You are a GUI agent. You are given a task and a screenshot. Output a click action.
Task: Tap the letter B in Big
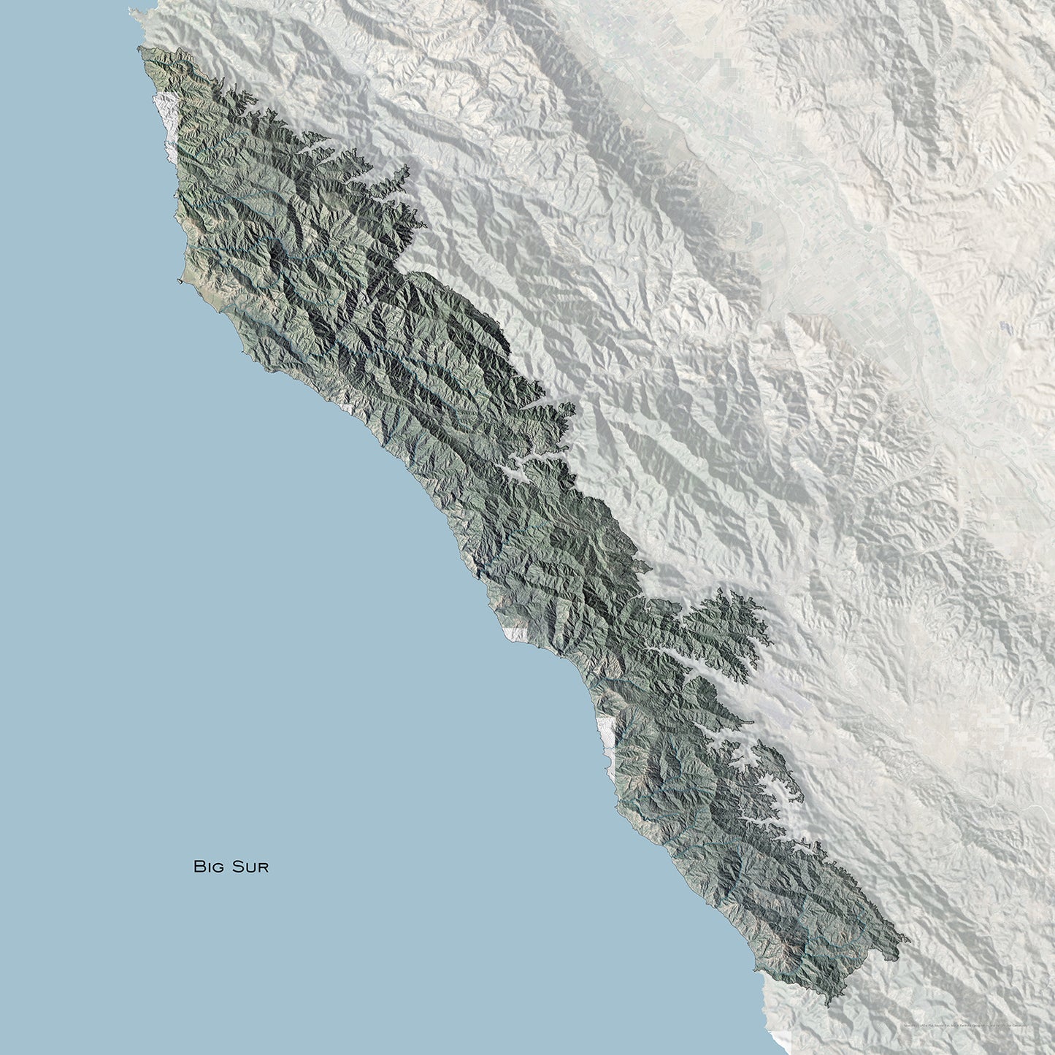click(x=198, y=867)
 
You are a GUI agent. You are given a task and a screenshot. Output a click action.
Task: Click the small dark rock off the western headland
click(x=179, y=280)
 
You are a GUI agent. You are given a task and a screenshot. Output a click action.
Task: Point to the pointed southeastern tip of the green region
click(x=908, y=938)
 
